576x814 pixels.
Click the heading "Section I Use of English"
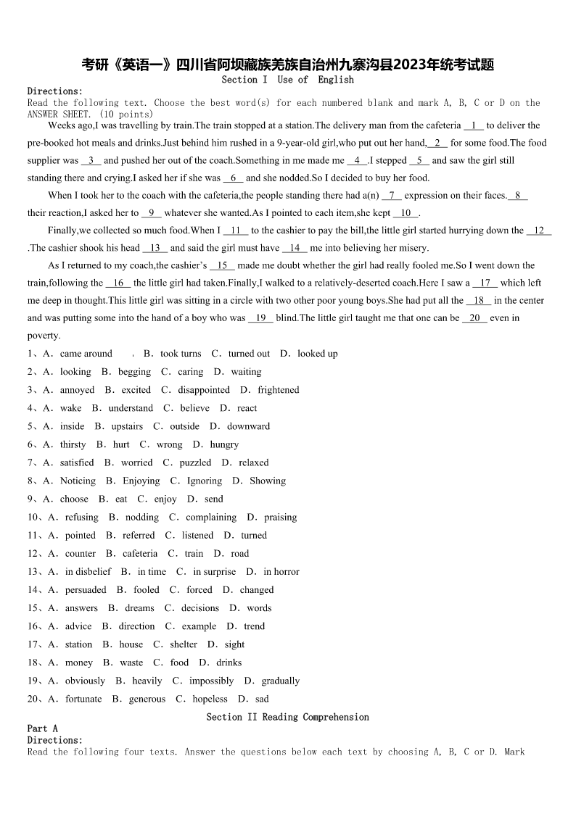[288, 80]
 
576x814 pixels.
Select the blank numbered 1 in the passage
[473, 125]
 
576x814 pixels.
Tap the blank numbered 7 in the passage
[391, 196]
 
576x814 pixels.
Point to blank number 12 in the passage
[539, 231]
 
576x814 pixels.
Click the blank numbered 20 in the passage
[475, 318]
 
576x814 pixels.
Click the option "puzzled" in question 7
[195, 463]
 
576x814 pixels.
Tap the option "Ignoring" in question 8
[205, 481]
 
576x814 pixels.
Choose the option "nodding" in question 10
[142, 518]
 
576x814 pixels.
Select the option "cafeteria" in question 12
[139, 554]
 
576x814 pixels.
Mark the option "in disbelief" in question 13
[88, 572]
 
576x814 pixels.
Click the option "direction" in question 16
[136, 626]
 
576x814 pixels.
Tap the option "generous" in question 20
[147, 699]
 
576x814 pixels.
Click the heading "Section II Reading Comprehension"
[287, 718]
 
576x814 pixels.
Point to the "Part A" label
[43, 728]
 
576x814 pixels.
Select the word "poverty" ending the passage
[43, 336]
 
